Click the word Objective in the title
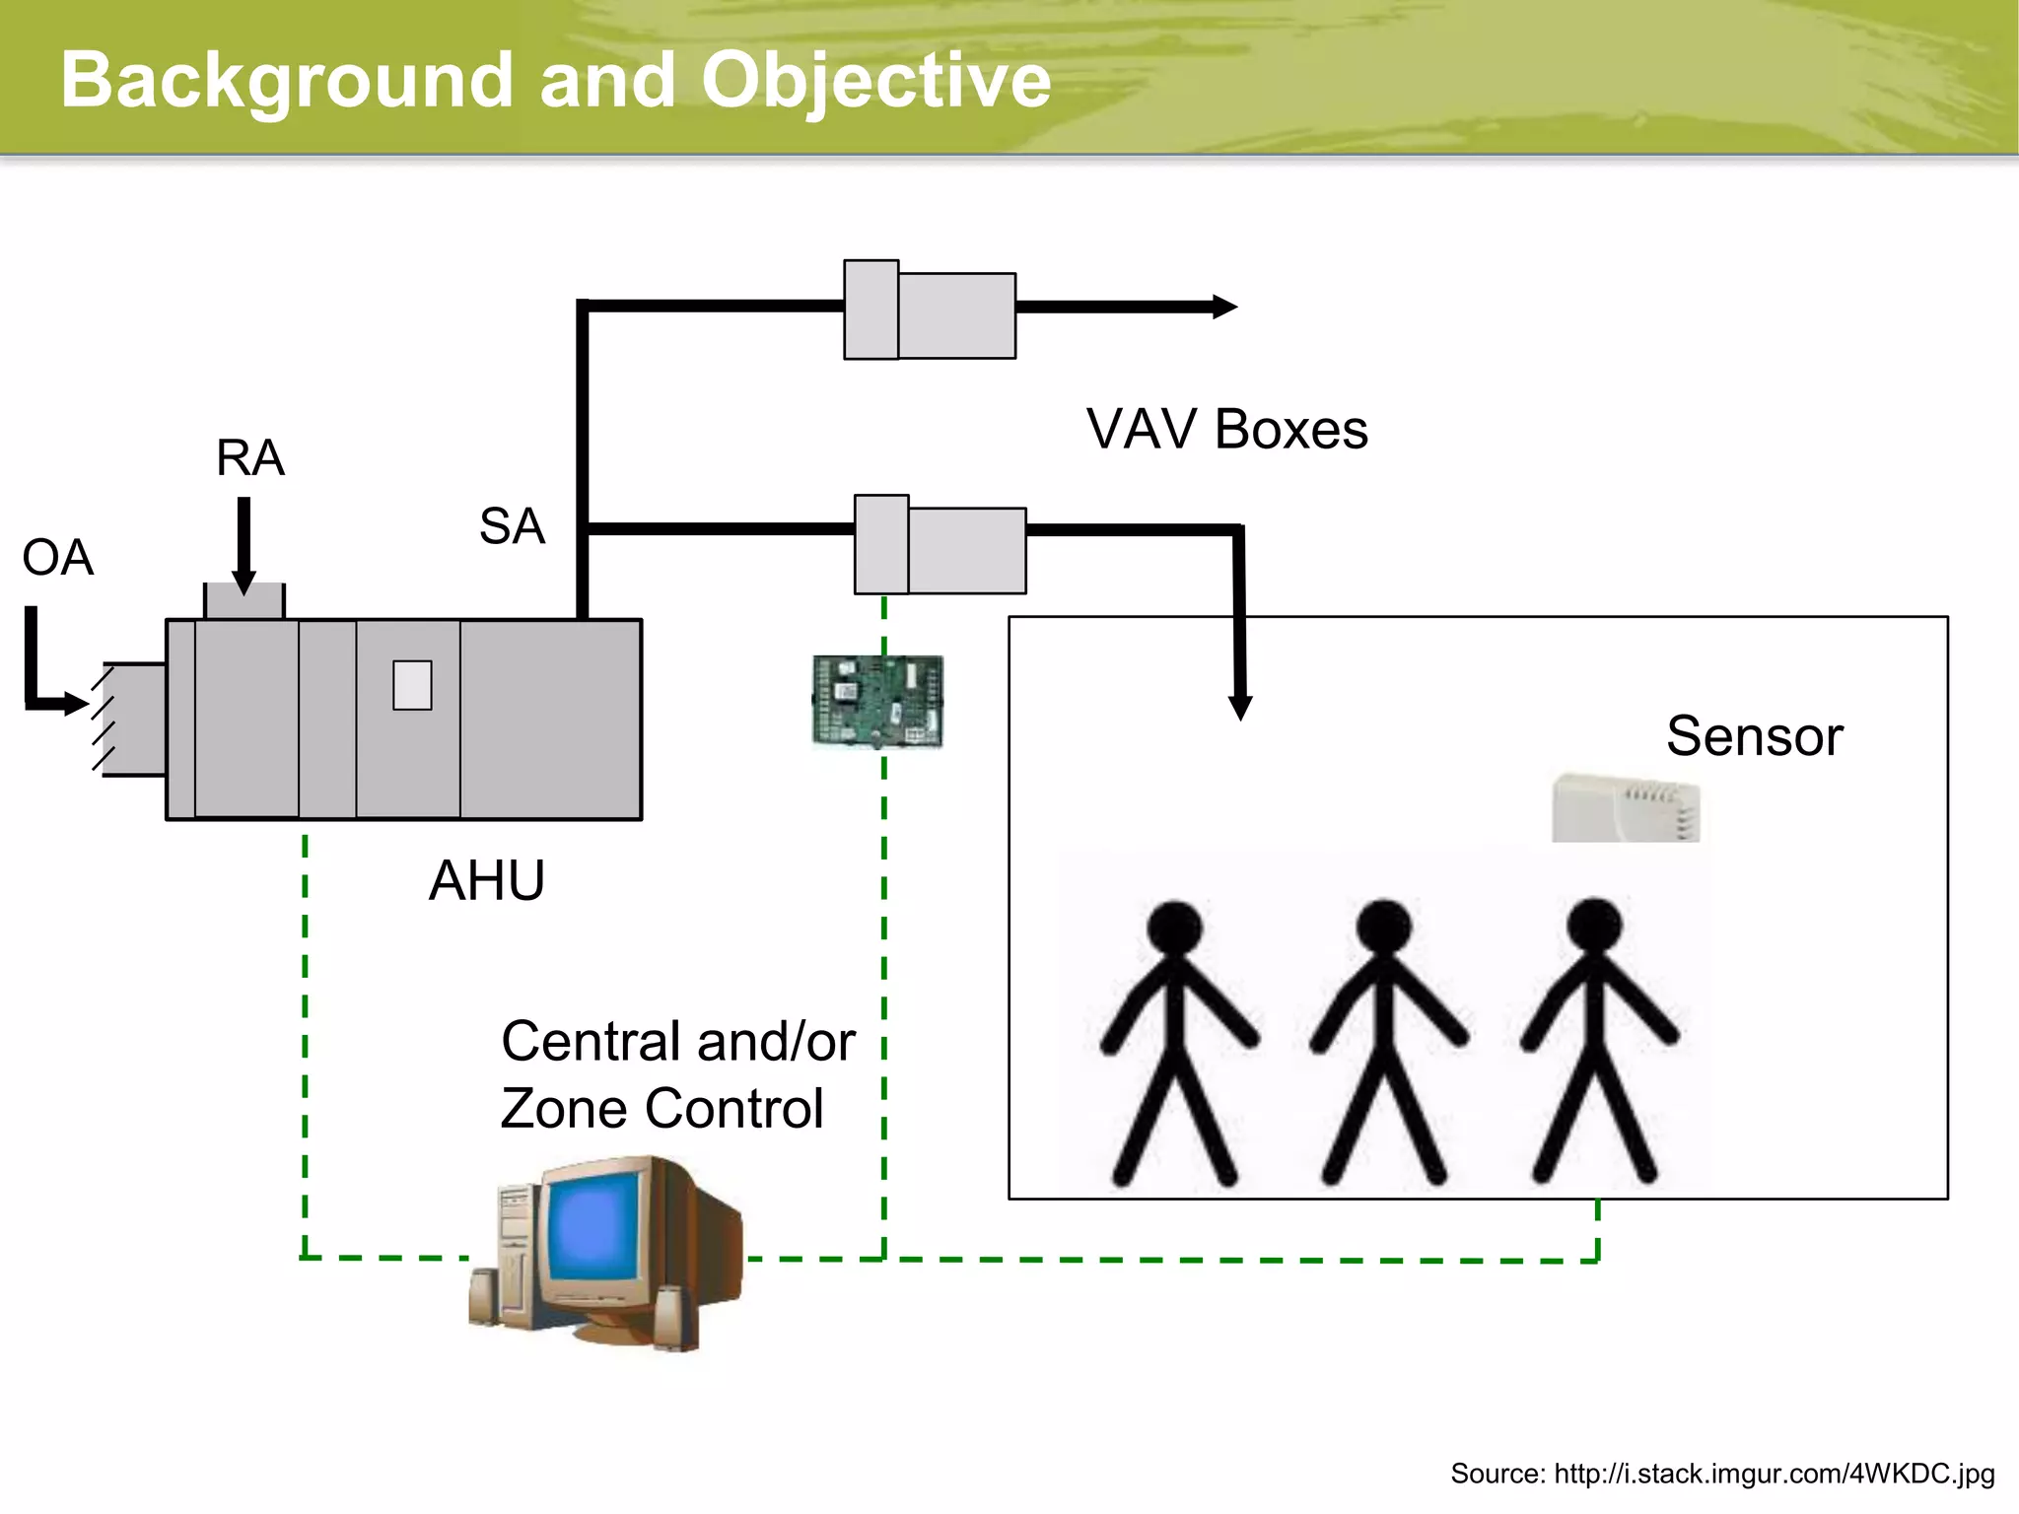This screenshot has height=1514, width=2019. pyautogui.click(x=875, y=81)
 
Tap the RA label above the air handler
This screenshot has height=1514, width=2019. pyautogui.click(x=250, y=458)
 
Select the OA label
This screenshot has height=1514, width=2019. pyautogui.click(x=57, y=558)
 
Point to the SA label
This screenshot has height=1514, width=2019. pyautogui.click(x=512, y=526)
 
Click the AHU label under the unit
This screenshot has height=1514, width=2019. pyautogui.click(x=487, y=880)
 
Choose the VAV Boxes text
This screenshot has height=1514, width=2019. pyautogui.click(x=1226, y=430)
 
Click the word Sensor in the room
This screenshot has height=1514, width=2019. pyautogui.click(x=1754, y=736)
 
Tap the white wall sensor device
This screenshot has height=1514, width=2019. pyautogui.click(x=1625, y=808)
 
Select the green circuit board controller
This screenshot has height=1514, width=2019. pyautogui.click(x=877, y=701)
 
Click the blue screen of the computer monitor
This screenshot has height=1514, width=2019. pyautogui.click(x=593, y=1228)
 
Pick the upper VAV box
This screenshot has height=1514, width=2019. pyautogui.click(x=930, y=310)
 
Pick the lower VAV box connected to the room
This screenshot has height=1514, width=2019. pyautogui.click(x=940, y=545)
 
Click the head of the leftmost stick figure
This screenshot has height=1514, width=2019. pyautogui.click(x=1174, y=928)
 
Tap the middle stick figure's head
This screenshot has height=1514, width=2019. pyautogui.click(x=1383, y=927)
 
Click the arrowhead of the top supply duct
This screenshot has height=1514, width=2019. pyautogui.click(x=1224, y=307)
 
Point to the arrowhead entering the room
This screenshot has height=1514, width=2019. pyautogui.click(x=1240, y=707)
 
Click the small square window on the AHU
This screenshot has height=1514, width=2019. pyautogui.click(x=412, y=685)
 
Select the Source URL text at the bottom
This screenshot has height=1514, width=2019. pyautogui.click(x=1721, y=1474)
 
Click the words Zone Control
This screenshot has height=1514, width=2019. pyautogui.click(x=661, y=1109)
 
